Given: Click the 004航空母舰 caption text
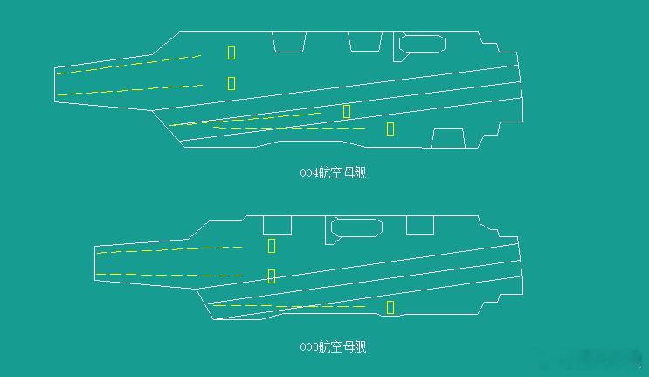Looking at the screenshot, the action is (x=333, y=172).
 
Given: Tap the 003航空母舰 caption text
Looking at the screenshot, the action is (x=333, y=347).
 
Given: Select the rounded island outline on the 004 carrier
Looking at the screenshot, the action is (x=423, y=43).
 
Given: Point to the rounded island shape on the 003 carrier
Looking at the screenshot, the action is (x=356, y=228).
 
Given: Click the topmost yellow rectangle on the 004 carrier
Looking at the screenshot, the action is (x=231, y=52).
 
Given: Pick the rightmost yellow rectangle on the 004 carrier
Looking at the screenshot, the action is (x=390, y=129).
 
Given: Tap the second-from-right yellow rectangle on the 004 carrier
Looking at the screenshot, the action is (x=347, y=111).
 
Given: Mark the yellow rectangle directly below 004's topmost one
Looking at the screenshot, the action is (x=231, y=83).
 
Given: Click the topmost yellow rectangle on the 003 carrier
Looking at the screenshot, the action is (x=272, y=246).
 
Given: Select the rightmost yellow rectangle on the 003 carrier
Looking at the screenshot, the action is (x=390, y=307).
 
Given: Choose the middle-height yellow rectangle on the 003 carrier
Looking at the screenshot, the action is (x=272, y=276).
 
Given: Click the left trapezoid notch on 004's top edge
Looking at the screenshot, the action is (x=289, y=41).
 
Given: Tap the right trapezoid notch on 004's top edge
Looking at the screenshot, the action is (x=364, y=41).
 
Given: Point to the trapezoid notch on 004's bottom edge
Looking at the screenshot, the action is (x=448, y=138).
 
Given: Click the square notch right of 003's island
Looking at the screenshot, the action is (x=420, y=225).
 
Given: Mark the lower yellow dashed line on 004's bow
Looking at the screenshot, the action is (x=131, y=89).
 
